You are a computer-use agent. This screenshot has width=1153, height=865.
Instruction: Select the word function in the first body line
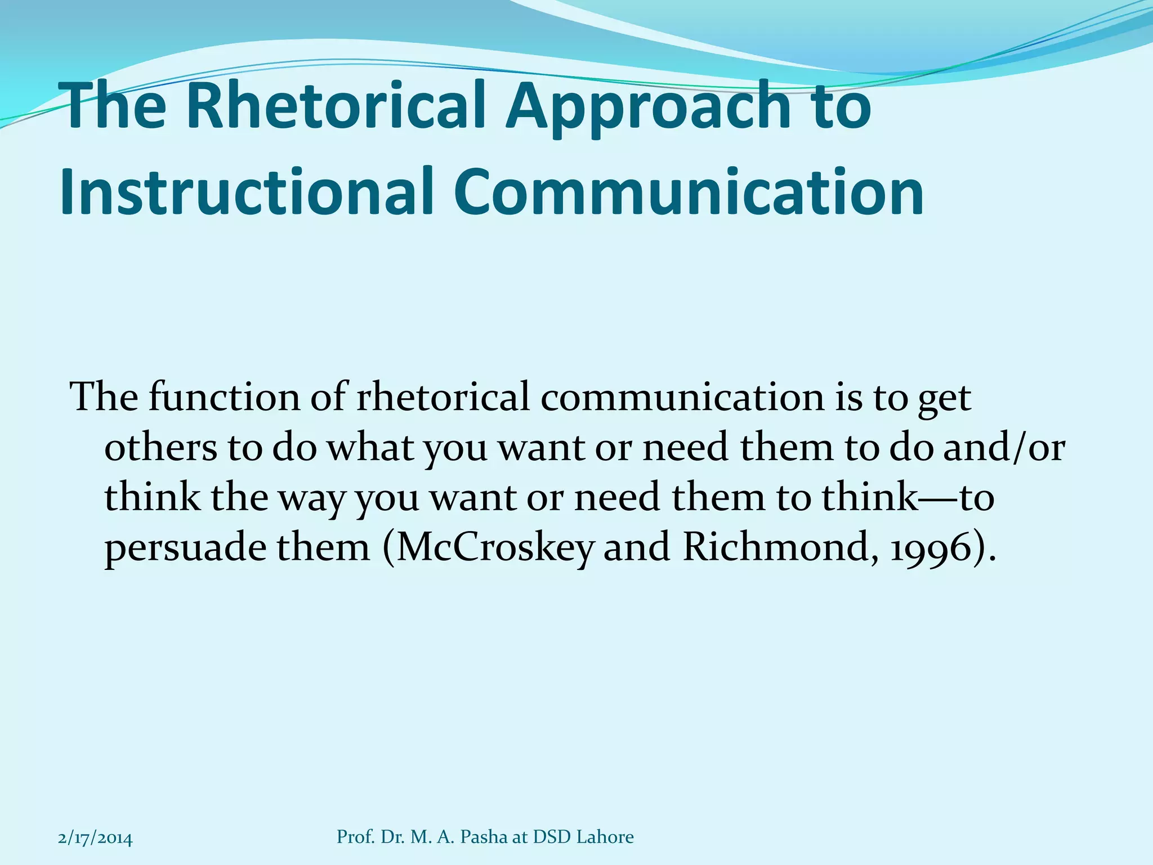click(225, 397)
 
